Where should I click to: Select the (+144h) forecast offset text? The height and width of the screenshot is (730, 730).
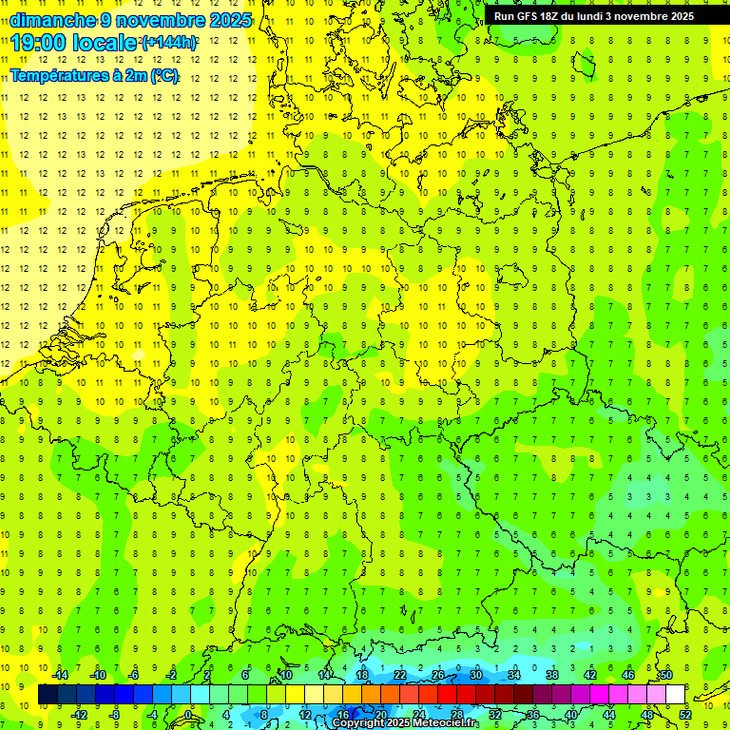tap(169, 43)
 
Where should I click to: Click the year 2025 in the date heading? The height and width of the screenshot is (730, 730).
tap(230, 20)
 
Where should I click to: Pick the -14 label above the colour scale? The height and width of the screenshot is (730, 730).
tap(63, 676)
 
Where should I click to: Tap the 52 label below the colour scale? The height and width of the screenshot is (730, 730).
tap(685, 714)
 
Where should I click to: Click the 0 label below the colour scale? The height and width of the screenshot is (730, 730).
tap(187, 714)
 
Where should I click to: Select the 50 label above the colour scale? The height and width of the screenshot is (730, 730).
tap(666, 676)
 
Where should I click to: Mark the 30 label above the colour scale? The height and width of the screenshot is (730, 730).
tap(476, 676)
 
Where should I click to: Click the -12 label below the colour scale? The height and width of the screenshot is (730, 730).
tap(80, 714)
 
